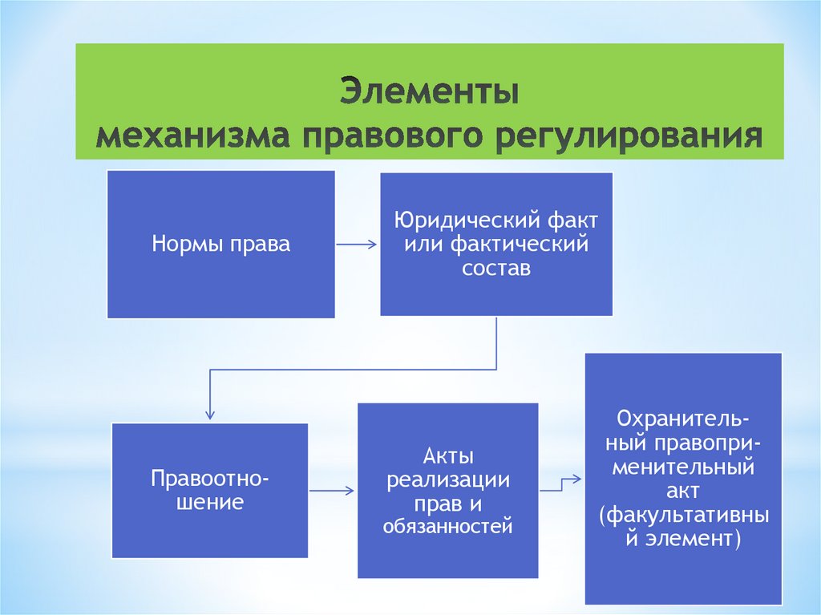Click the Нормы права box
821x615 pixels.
220,244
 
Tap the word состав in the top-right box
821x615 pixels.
496,268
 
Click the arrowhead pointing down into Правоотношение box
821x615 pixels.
210,413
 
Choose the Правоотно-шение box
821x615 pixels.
210,490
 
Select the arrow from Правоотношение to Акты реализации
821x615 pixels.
332,490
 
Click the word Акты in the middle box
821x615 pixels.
447,457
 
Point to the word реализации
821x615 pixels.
447,480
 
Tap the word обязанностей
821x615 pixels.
447,527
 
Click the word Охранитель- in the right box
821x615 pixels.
683,420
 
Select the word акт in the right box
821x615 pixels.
683,489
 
